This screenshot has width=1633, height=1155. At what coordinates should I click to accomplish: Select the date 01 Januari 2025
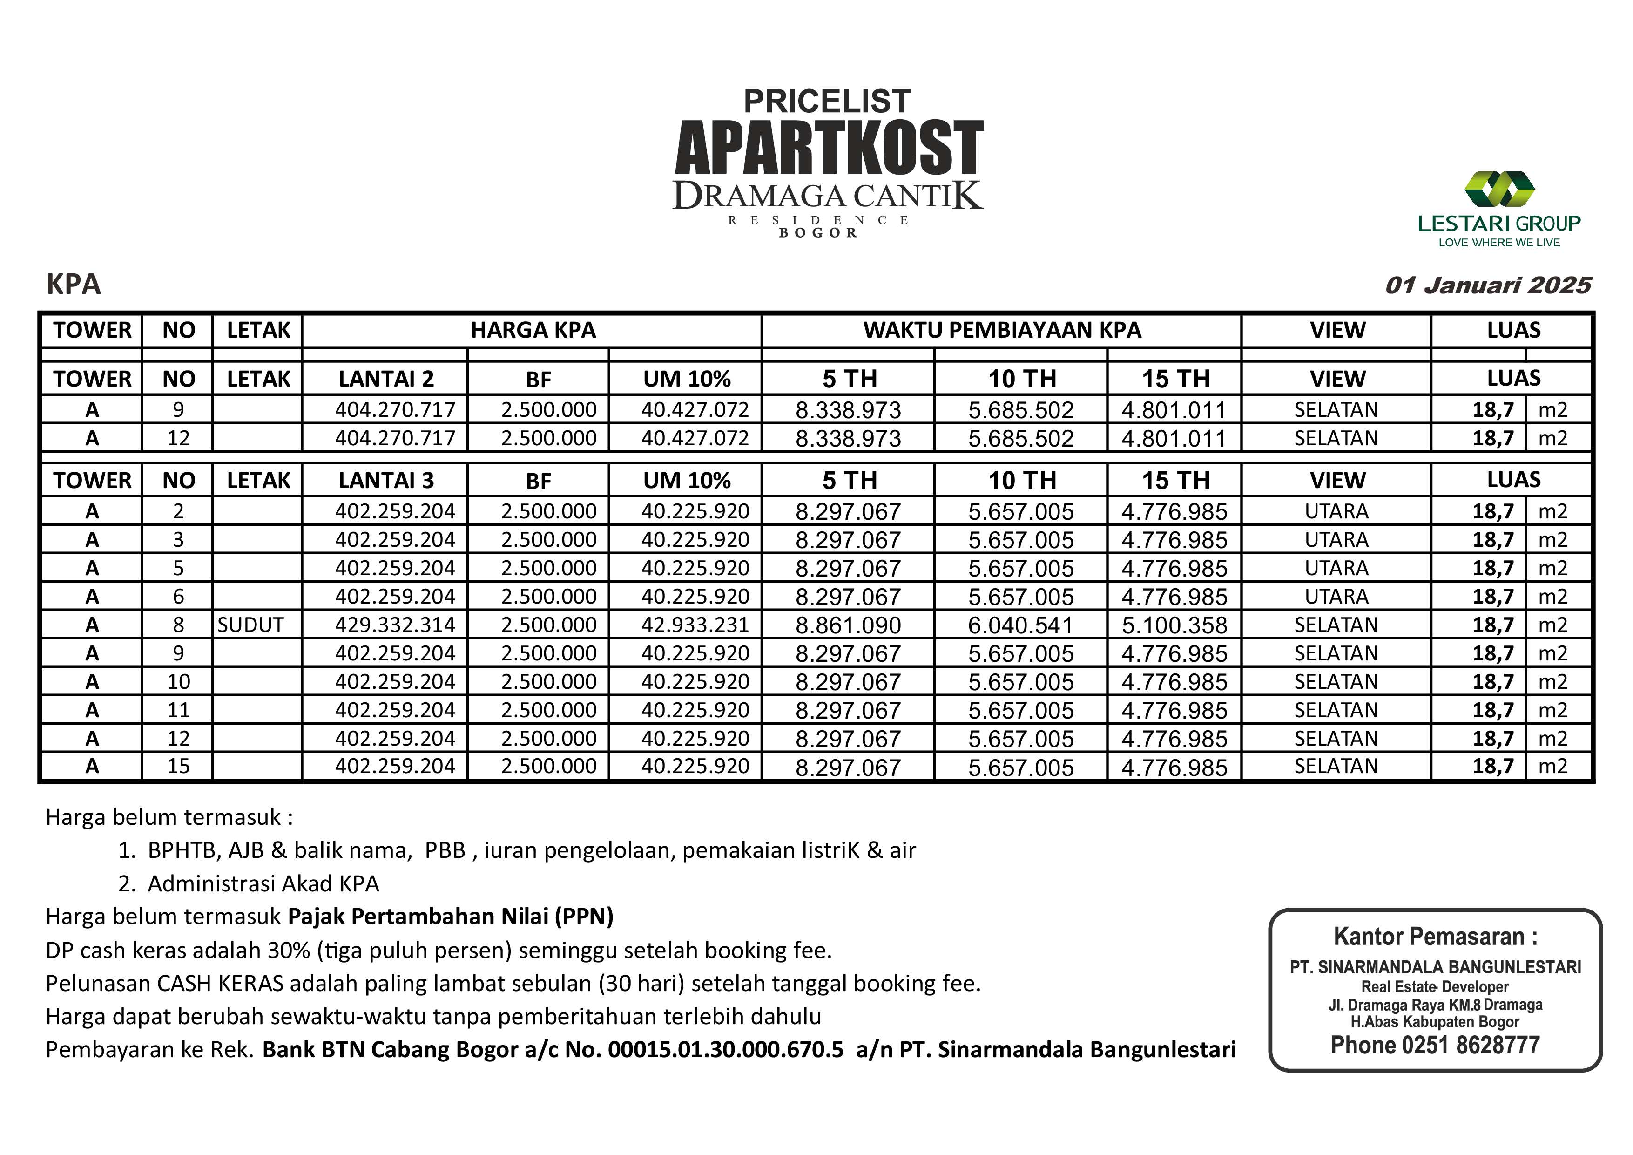coord(1488,285)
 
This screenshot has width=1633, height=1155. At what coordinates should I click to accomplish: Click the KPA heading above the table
coord(74,284)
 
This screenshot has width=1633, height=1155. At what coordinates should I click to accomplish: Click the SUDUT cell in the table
coord(250,625)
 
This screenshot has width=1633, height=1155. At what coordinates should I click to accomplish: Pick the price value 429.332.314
coord(395,625)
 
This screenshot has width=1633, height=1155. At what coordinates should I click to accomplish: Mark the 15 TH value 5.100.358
coord(1174,625)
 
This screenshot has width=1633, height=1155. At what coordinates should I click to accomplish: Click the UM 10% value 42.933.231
coord(695,625)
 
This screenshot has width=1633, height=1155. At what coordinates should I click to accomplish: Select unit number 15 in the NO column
coord(178,767)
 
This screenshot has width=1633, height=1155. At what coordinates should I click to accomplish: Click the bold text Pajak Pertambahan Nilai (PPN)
coord(450,917)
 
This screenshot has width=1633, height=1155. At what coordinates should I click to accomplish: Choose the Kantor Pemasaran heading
coord(1435,937)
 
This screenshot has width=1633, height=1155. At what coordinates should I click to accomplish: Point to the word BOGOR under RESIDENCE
coord(818,233)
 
